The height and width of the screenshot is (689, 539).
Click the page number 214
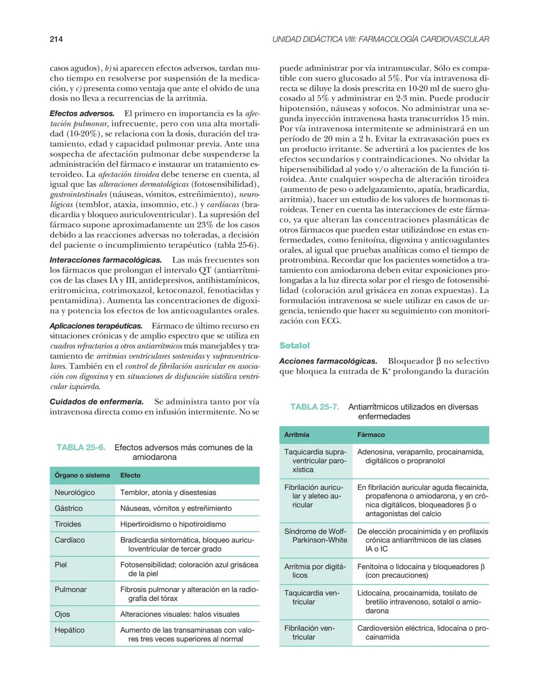coord(56,39)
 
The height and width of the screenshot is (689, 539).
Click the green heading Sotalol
coord(294,345)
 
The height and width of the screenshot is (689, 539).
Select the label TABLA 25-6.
coord(81,447)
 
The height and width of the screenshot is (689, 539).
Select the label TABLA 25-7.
coord(314,407)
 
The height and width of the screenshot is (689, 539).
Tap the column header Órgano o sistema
coord(82,475)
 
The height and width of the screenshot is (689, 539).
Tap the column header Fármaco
coord(371,435)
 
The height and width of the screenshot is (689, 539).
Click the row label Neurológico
coord(75,492)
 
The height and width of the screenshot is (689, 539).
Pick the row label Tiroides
coord(68,524)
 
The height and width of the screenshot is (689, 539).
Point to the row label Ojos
coord(62,614)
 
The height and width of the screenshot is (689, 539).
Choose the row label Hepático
coord(70,630)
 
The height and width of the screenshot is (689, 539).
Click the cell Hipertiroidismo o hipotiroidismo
coord(173,524)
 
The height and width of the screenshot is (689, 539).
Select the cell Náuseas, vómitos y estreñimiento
coord(176,508)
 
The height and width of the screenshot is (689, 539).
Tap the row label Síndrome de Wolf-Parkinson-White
coord(316,536)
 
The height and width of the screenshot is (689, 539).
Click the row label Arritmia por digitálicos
coord(314,571)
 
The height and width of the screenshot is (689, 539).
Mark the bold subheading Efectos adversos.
coord(82,114)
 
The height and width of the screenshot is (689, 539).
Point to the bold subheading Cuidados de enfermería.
coord(97,401)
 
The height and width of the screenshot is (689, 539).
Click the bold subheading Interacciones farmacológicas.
coord(106,260)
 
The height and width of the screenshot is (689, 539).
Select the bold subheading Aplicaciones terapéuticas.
coord(96,326)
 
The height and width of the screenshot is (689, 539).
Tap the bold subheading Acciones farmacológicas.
coord(328,361)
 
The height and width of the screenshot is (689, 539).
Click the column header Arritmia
coord(297,435)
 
